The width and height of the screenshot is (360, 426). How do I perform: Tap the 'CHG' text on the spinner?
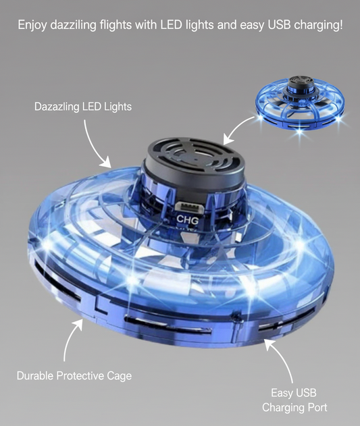click(x=186, y=219)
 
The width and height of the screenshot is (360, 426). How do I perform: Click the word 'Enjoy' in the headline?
click(x=31, y=26)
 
